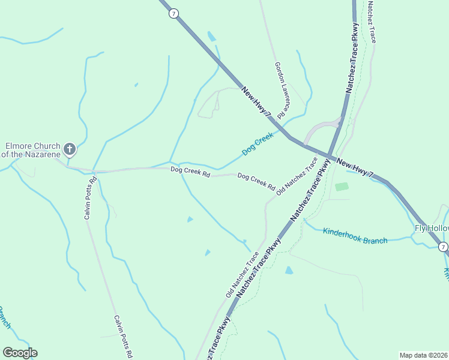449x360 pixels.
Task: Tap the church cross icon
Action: point(70,149)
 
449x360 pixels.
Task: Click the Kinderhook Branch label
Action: point(355,236)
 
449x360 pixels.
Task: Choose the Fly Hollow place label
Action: point(431,228)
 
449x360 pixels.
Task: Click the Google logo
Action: point(20,352)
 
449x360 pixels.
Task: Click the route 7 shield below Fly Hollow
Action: point(442,247)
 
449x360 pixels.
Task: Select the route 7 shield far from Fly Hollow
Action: point(173,13)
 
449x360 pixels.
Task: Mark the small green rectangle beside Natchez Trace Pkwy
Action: point(341,187)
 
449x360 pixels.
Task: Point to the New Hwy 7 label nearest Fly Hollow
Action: point(355,168)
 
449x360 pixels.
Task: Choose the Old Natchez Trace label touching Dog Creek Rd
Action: point(297,176)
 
